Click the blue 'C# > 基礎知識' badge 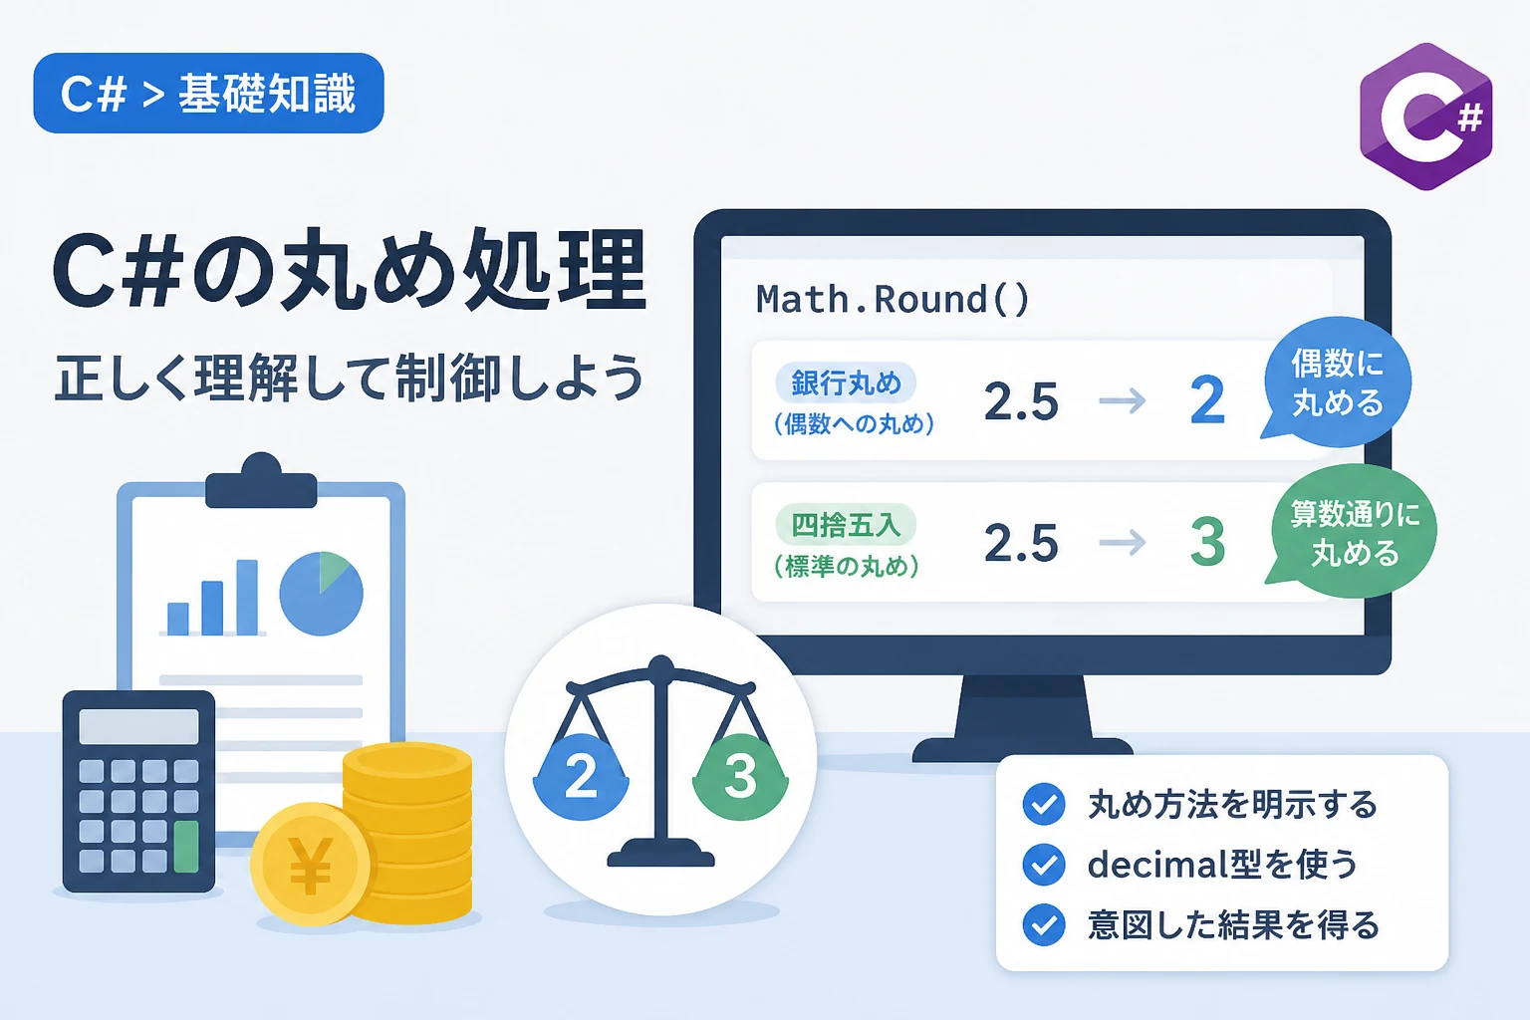click(x=208, y=93)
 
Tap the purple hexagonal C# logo click(x=1426, y=117)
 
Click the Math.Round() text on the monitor click(x=892, y=299)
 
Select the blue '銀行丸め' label click(x=846, y=383)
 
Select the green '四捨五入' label click(x=846, y=525)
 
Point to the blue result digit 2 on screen click(x=1207, y=400)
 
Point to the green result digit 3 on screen click(x=1207, y=542)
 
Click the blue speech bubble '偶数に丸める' click(x=1336, y=382)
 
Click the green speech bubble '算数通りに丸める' click(x=1353, y=532)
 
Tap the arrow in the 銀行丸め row click(x=1123, y=401)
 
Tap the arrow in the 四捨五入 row click(x=1123, y=543)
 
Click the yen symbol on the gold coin click(x=312, y=866)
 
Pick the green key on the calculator click(x=186, y=847)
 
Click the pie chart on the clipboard click(x=321, y=594)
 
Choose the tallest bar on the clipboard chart click(x=247, y=597)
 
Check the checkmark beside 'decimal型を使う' click(x=1044, y=865)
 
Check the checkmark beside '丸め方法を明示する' click(x=1044, y=804)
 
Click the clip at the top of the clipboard click(x=261, y=481)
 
